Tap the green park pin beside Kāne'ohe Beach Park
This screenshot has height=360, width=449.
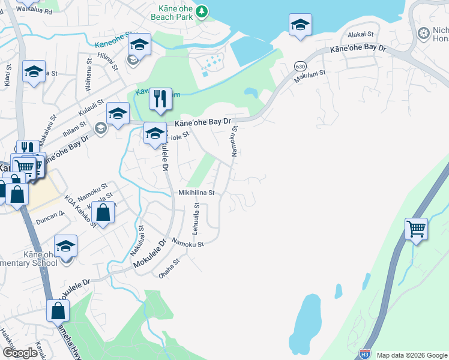pyautogui.click(x=202, y=10)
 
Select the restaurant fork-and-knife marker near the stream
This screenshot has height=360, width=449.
pyautogui.click(x=159, y=99)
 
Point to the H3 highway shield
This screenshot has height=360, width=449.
pyautogui.click(x=364, y=354)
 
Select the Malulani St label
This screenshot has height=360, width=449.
pyautogui.click(x=310, y=76)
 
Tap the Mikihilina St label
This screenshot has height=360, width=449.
pyautogui.click(x=196, y=193)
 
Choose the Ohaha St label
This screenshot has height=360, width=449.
pyautogui.click(x=169, y=268)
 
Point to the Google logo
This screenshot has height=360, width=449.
pyautogui.click(x=20, y=353)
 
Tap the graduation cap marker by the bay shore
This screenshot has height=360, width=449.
pyautogui.click(x=299, y=26)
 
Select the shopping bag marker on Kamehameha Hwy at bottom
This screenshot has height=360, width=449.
pyautogui.click(x=58, y=311)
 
